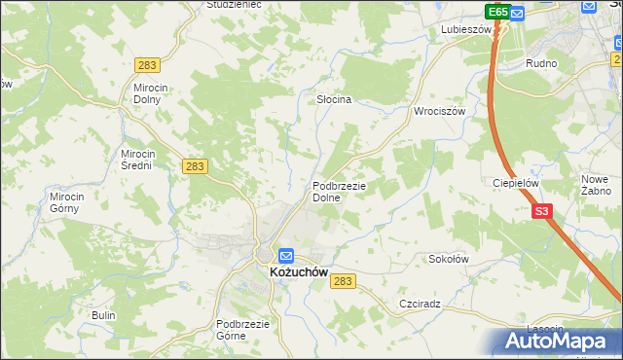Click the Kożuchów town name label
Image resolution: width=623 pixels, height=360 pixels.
tap(297, 273)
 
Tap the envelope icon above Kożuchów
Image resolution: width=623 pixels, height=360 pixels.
tap(286, 256)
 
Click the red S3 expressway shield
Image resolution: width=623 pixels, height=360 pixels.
tap(542, 210)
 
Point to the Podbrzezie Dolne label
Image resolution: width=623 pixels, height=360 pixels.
tap(339, 192)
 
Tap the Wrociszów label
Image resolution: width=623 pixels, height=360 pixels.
tap(441, 111)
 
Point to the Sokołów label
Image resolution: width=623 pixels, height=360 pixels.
tap(450, 259)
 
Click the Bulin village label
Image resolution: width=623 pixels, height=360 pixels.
tap(103, 315)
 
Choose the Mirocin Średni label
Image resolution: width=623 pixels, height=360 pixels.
tap(137, 160)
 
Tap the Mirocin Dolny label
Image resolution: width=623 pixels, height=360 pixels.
tap(152, 93)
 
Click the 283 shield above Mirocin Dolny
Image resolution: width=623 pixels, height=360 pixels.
tap(148, 64)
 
